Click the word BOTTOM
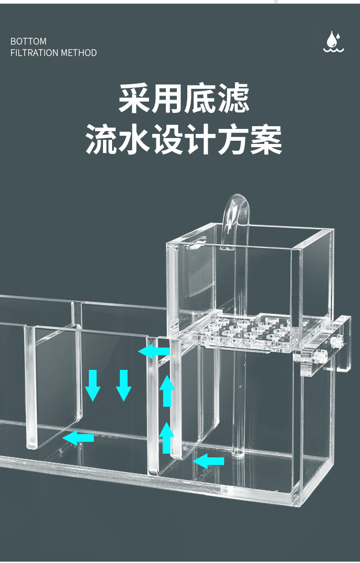(x=28, y=41)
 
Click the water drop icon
(x=334, y=42)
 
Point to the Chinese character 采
(x=134, y=98)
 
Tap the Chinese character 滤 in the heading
(x=234, y=98)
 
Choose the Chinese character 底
(x=201, y=98)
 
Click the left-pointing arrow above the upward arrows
(x=154, y=351)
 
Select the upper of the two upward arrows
(x=167, y=390)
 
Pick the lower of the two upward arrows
(x=167, y=437)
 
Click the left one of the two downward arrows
(x=93, y=385)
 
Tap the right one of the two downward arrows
(x=123, y=385)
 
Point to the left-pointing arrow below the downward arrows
(x=78, y=438)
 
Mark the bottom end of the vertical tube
(x=237, y=453)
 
